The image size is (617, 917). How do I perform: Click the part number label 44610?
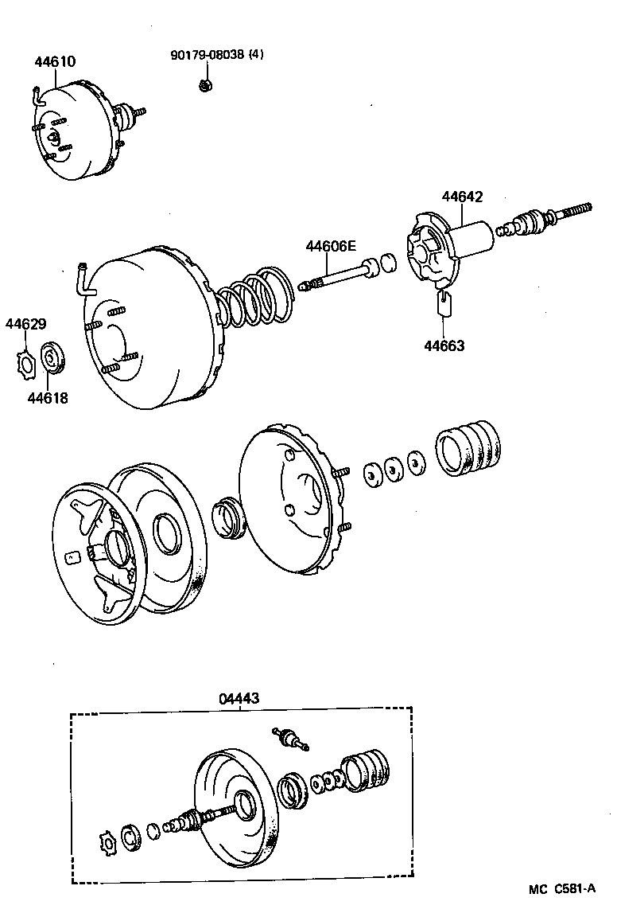tap(55, 61)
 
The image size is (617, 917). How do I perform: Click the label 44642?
tap(462, 197)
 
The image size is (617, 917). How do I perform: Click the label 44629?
tap(25, 324)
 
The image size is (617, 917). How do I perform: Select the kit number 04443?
tap(239, 698)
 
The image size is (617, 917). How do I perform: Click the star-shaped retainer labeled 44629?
tap(25, 363)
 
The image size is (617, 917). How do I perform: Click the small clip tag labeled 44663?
tap(444, 302)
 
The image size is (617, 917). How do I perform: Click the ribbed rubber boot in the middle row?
tap(469, 450)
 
